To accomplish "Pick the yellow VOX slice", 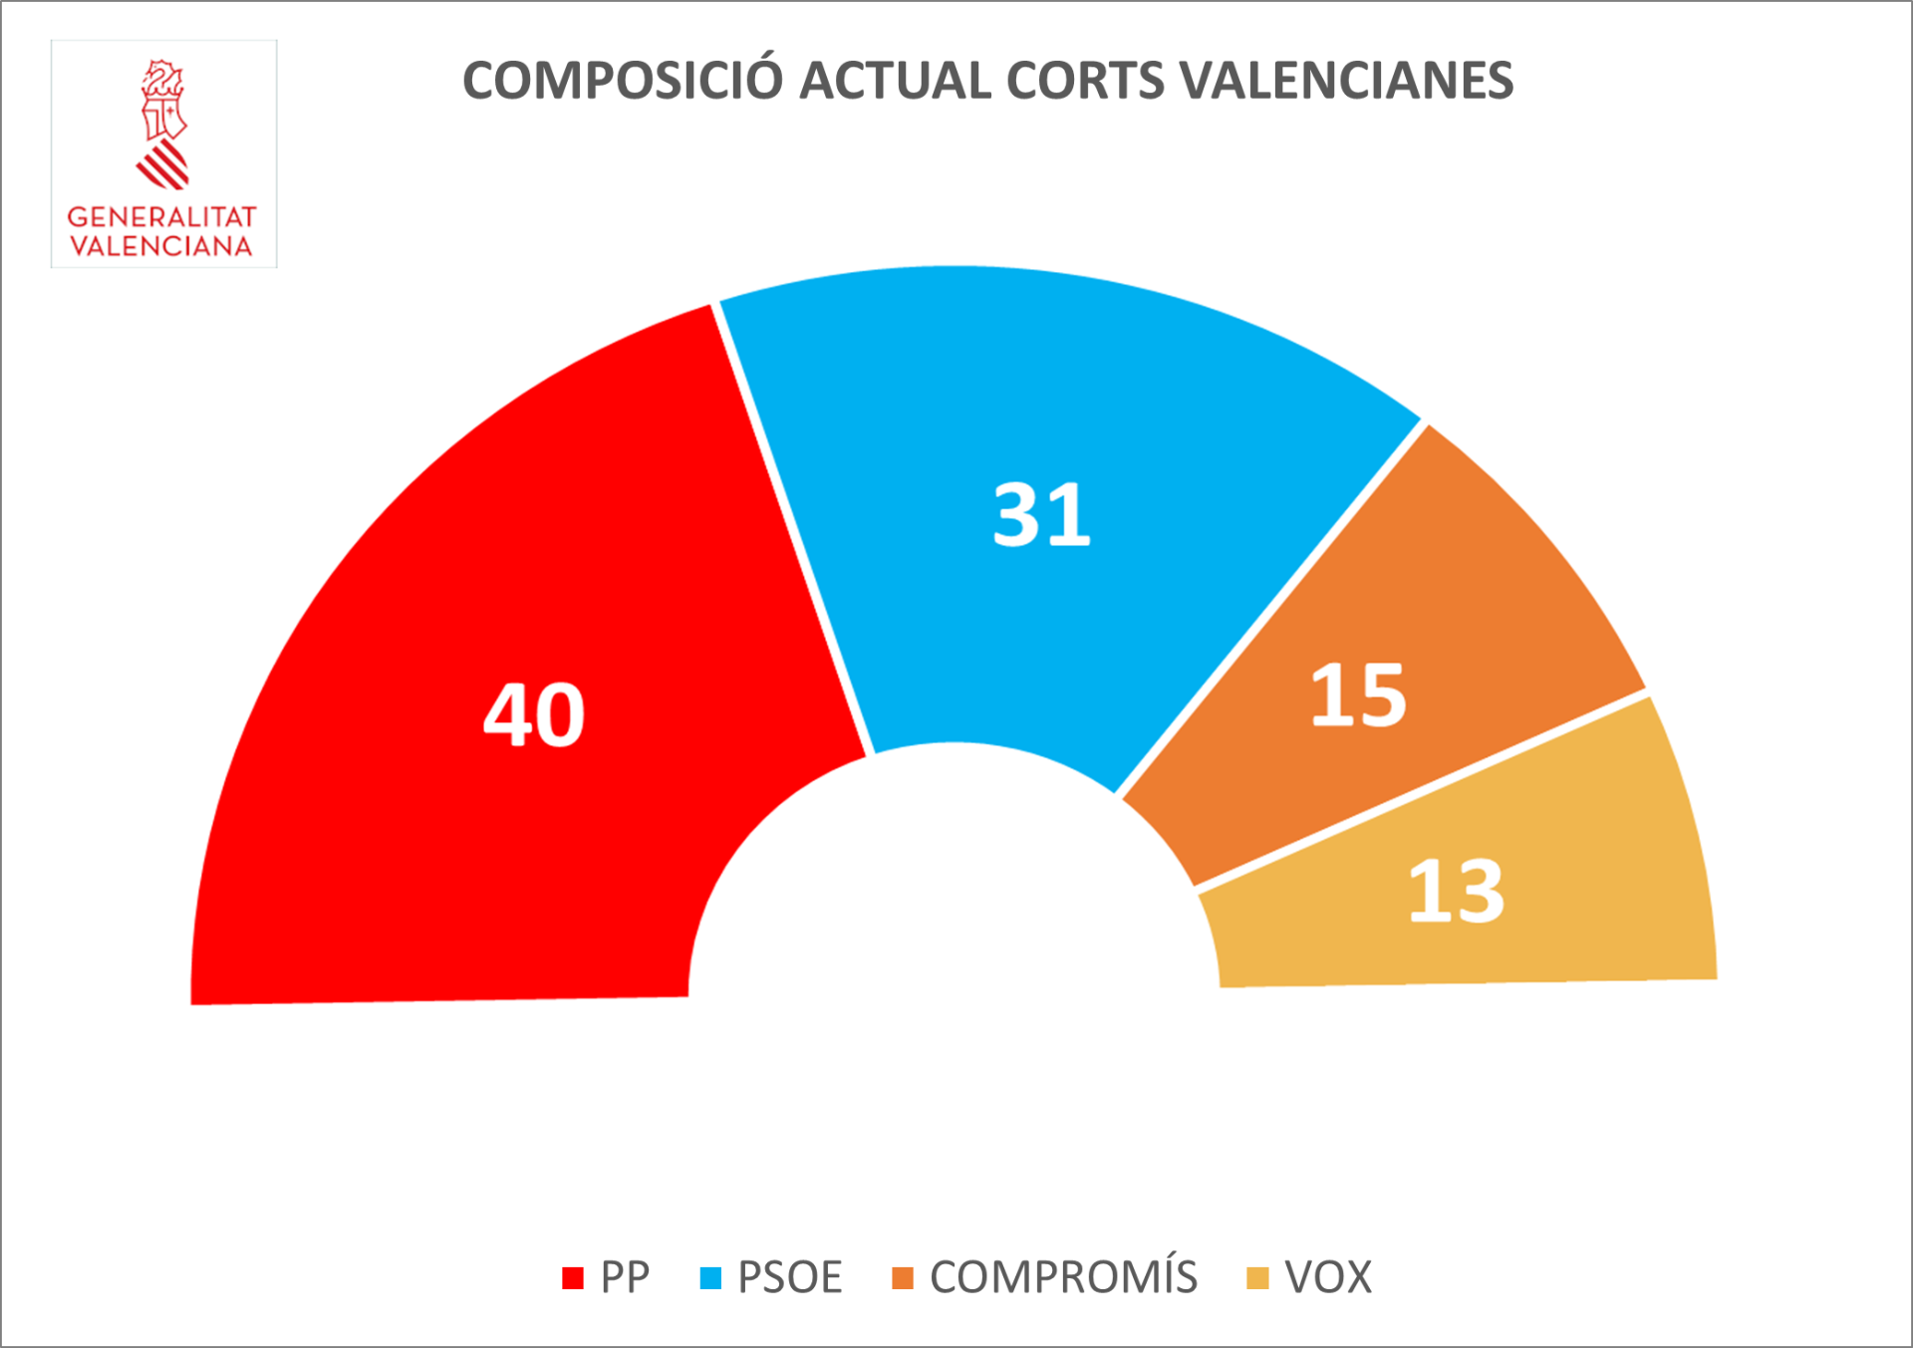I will tap(1594, 897).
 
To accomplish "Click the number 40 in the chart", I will tap(534, 715).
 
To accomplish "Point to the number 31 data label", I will tap(1042, 515).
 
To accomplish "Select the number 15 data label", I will tap(1358, 695).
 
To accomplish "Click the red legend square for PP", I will tap(572, 1277).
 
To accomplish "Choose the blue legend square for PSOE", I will tap(710, 1277).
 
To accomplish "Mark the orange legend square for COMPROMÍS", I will tap(903, 1277).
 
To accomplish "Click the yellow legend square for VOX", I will tap(1257, 1277).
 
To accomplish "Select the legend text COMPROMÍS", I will tap(1063, 1277).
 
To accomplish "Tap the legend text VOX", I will tap(1328, 1277).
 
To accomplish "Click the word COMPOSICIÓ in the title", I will tap(624, 81).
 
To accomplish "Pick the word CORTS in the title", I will tap(1085, 81).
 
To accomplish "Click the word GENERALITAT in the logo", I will tap(161, 217).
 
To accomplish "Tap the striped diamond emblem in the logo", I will tap(163, 165).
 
